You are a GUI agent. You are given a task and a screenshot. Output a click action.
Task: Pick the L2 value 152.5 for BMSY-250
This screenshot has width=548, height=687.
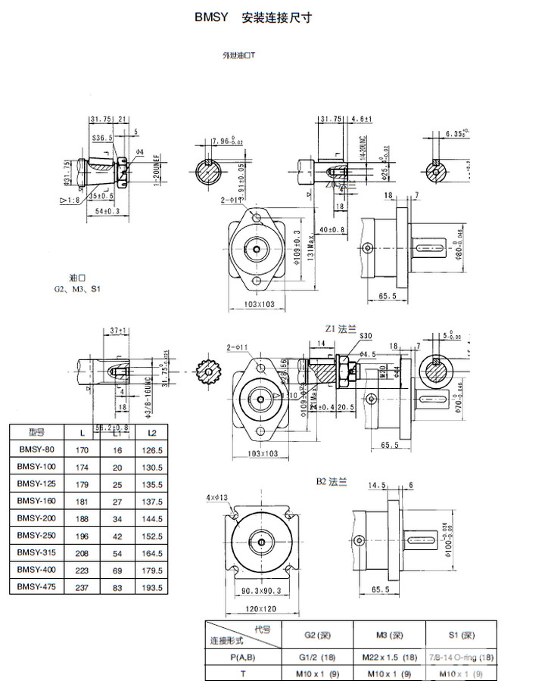[x=152, y=536]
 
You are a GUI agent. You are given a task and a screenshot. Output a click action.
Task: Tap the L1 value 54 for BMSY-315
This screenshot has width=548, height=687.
[x=117, y=553]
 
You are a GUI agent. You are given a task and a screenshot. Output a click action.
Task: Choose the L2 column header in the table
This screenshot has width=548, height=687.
[x=152, y=432]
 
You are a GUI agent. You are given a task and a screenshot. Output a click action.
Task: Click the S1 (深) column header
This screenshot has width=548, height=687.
[x=462, y=634]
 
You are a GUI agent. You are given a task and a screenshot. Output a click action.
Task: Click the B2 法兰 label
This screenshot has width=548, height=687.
[x=332, y=481]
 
